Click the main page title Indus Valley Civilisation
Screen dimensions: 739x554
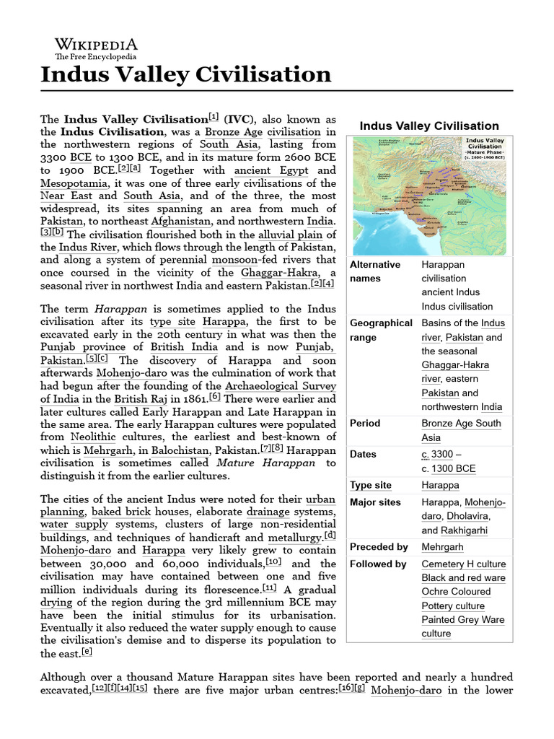tap(186, 74)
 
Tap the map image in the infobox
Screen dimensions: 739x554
tap(429, 196)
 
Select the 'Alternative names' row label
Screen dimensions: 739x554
tap(375, 271)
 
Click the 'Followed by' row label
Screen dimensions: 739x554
tap(378, 564)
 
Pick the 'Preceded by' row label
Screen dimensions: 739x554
tap(379, 547)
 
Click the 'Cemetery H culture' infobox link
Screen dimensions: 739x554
tap(464, 564)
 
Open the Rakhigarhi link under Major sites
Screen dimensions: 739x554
tap(454, 530)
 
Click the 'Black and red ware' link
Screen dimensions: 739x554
tap(463, 577)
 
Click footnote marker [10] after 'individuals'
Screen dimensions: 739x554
tap(273, 561)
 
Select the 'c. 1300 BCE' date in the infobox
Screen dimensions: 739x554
tap(449, 468)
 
